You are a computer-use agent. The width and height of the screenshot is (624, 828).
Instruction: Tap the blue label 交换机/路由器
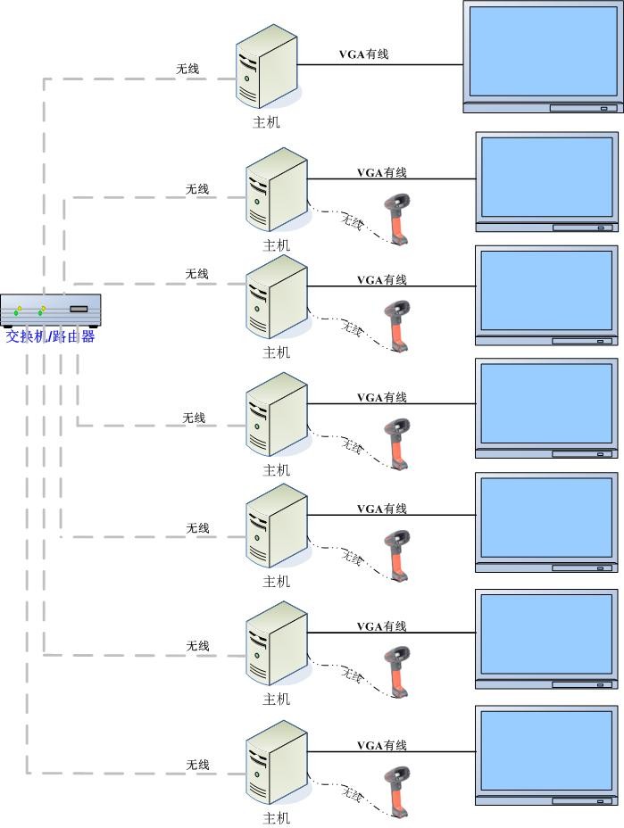51,336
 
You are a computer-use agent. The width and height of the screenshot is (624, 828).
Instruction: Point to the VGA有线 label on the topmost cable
363,54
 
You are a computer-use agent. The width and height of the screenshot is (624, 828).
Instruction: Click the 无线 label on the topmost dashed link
187,69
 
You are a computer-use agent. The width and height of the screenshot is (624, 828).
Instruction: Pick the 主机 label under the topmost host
266,122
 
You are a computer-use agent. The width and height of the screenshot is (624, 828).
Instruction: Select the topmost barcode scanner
397,218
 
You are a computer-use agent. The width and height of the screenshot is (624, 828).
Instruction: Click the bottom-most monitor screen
546,750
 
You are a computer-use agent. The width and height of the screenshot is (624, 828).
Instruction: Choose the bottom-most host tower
278,765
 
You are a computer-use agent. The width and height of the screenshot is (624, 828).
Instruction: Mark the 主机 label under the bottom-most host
277,817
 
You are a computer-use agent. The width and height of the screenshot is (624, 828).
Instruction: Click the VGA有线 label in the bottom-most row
381,745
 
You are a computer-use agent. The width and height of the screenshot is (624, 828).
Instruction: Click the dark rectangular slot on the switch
79,309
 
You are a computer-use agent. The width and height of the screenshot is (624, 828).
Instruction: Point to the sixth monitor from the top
546,633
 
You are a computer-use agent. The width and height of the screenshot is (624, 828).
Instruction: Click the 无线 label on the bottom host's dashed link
197,765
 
